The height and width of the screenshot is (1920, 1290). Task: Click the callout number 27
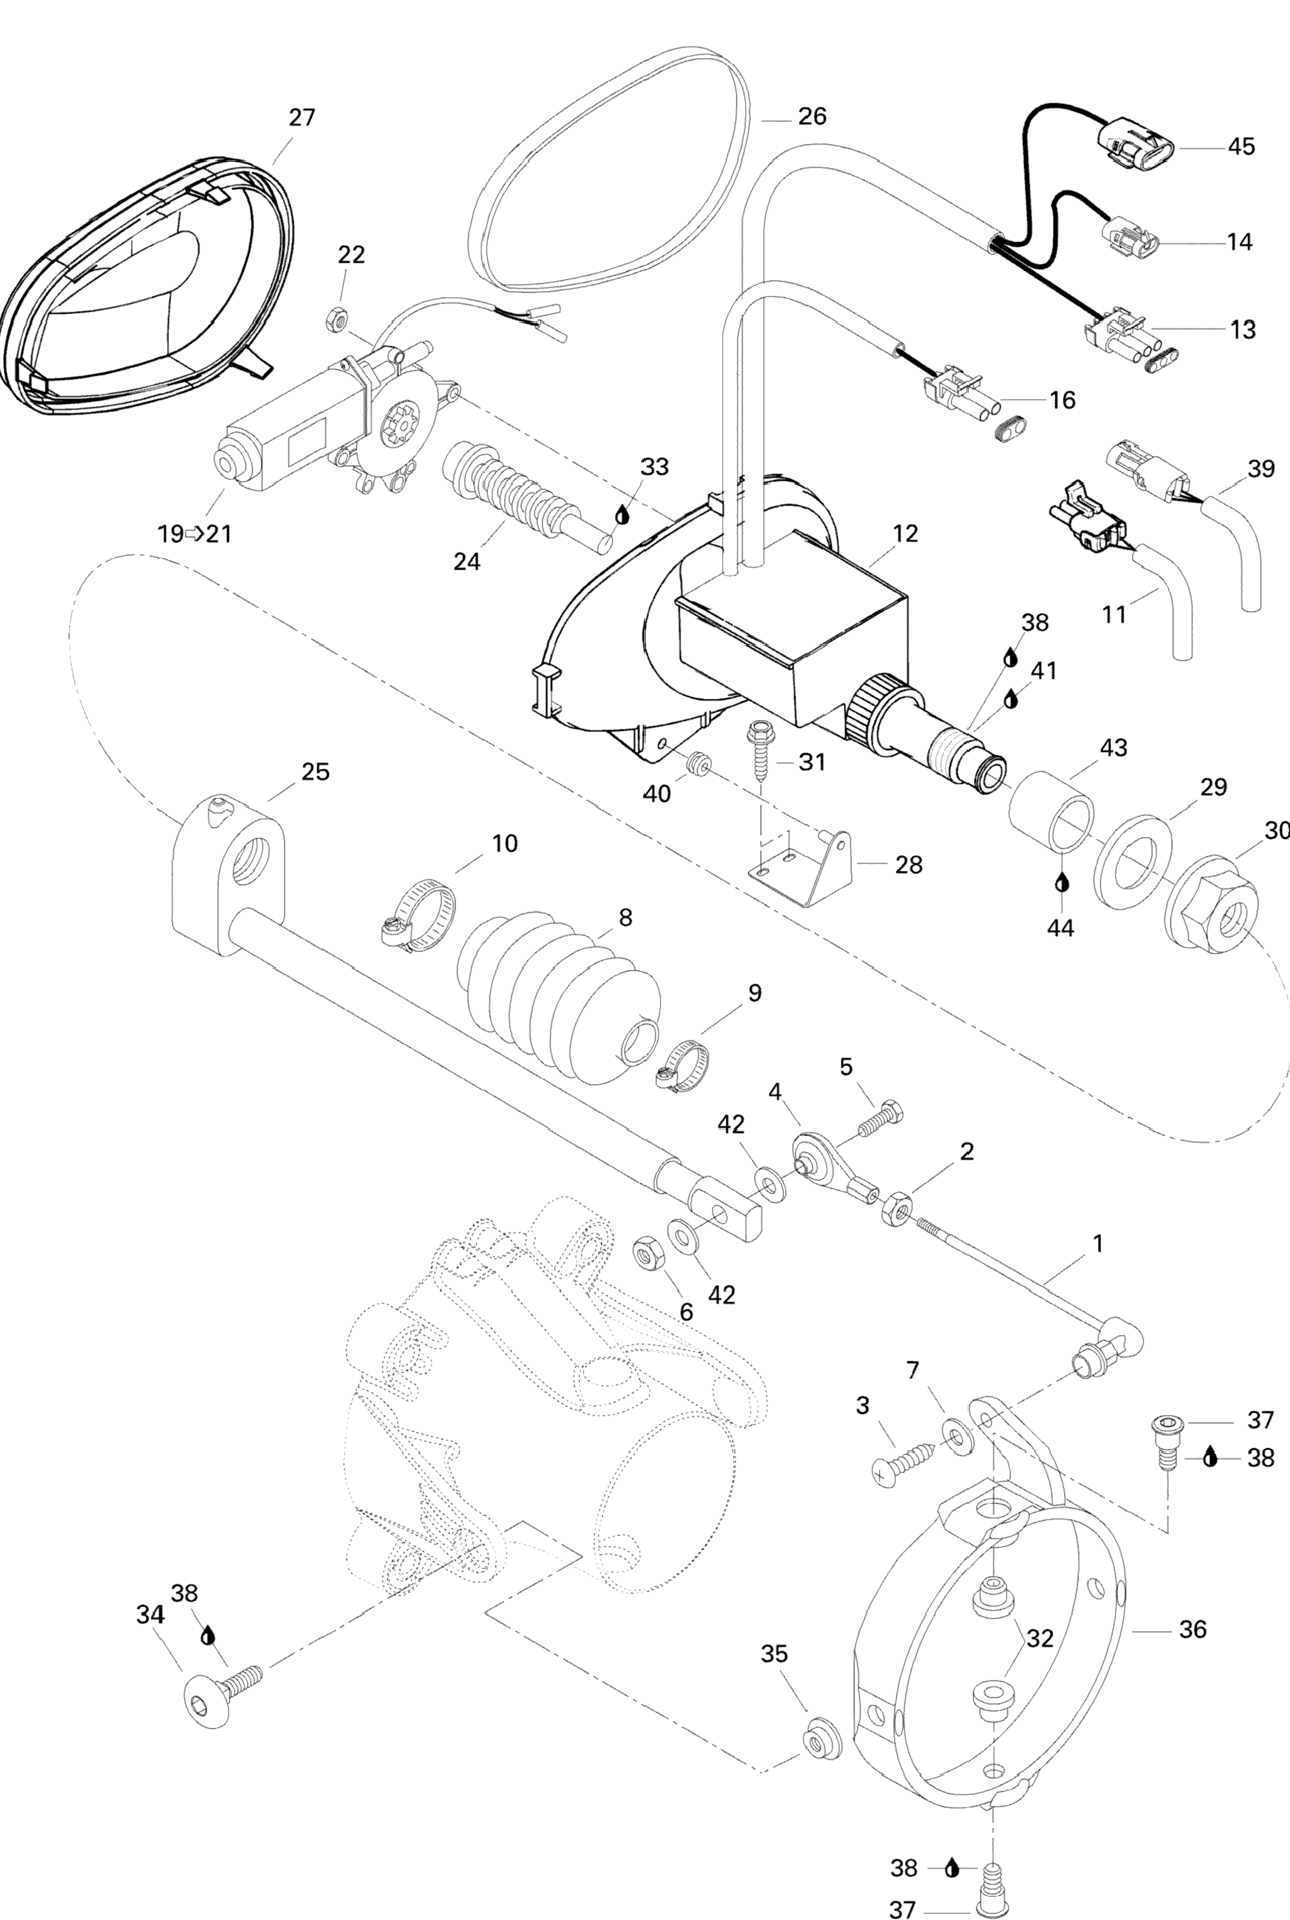click(x=302, y=118)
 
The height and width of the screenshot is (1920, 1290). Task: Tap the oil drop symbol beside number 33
click(x=622, y=515)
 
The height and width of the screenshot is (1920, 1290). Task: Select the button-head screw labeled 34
click(x=222, y=1685)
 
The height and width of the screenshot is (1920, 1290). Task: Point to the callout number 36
click(x=1192, y=1629)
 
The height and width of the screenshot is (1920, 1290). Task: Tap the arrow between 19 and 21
click(x=194, y=534)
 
